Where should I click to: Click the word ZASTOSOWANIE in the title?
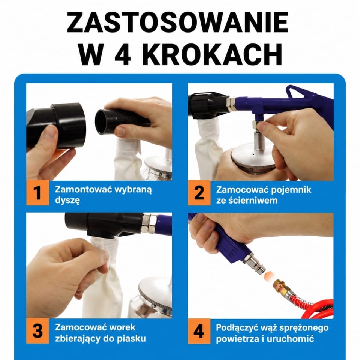[178, 22]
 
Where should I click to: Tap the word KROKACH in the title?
[212, 54]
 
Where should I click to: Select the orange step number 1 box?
[37, 193]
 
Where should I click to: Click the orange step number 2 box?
[199, 193]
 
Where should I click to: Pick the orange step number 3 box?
[37, 331]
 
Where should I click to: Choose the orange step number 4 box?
[199, 331]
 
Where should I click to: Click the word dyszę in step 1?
[67, 201]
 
